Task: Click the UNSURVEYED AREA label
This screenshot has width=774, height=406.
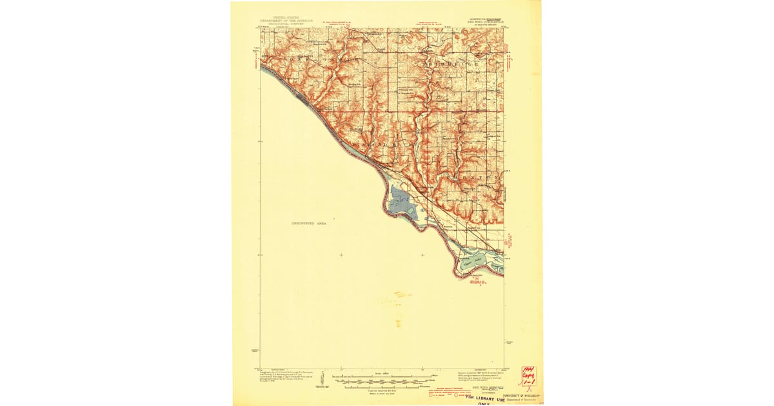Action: pos(309,223)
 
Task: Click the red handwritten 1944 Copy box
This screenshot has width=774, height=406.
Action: pos(530,377)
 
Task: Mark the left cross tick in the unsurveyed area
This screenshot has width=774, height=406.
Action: pos(341,255)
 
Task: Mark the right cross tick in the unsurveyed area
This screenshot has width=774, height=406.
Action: pos(422,255)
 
